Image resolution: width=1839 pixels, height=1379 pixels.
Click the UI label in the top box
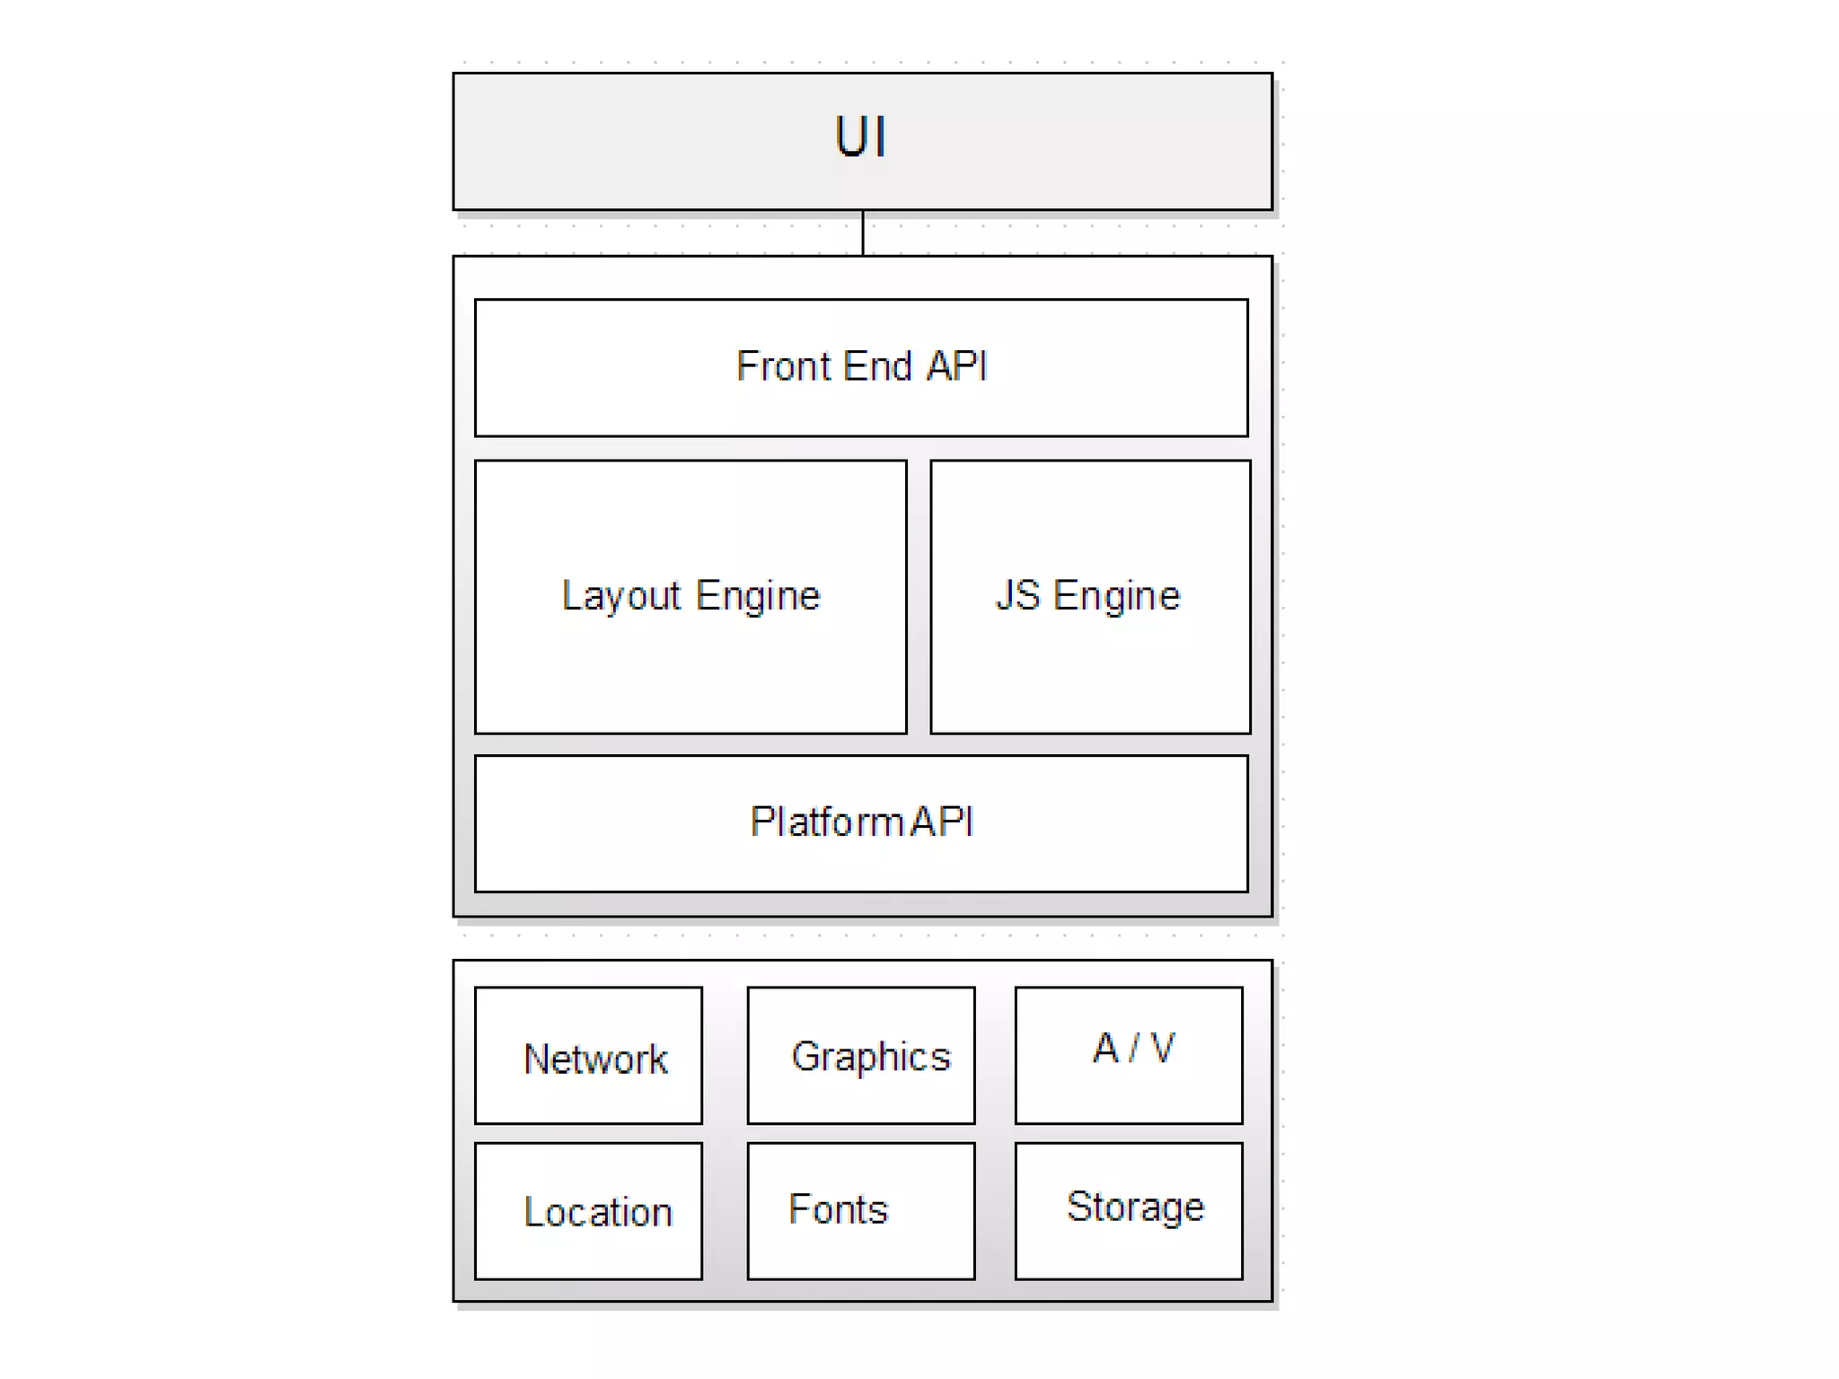coord(860,137)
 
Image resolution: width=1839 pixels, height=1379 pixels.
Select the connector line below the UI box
coord(863,233)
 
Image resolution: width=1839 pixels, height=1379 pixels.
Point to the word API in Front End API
coord(957,366)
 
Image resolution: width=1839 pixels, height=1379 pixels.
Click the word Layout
coord(621,596)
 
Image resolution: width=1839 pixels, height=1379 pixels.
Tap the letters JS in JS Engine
coord(1018,595)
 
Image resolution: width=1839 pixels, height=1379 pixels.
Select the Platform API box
coord(861,862)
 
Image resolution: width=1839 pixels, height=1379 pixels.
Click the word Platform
coord(827,821)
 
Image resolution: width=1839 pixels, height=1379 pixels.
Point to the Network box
coord(588,1056)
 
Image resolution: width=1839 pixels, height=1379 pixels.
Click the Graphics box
coord(861,1056)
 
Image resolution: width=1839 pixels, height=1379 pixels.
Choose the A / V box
coord(1129,1056)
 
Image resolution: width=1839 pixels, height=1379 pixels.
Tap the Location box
coord(588,1211)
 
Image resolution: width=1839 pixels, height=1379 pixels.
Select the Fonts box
coord(861,1211)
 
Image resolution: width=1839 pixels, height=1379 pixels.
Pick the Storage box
coord(1129,1211)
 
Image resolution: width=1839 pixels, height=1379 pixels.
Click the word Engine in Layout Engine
coord(758,596)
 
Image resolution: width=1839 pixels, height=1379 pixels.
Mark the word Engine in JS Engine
coord(1116,595)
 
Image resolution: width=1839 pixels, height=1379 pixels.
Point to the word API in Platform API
coord(942,821)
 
